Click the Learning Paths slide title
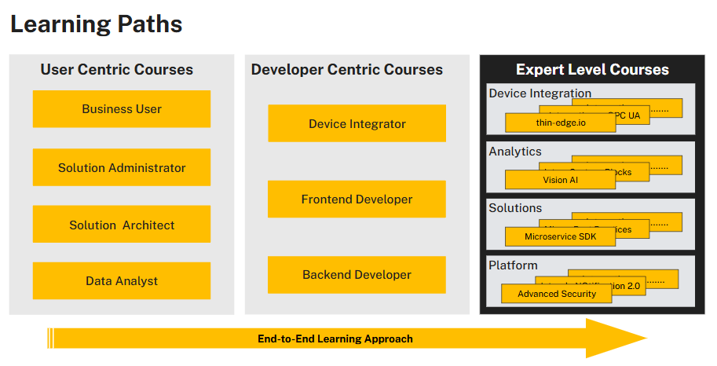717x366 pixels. pyautogui.click(x=96, y=24)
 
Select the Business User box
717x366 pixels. pyautogui.click(x=122, y=109)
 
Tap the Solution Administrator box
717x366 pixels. pyautogui.click(x=122, y=167)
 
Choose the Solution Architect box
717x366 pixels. pyautogui.click(x=122, y=225)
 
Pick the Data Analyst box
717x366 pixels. pyautogui.click(x=122, y=281)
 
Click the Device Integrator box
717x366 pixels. pyautogui.click(x=357, y=124)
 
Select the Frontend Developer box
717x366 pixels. pyautogui.click(x=357, y=199)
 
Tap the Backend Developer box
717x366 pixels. pyautogui.click(x=357, y=275)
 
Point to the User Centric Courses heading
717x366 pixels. pyautogui.click(x=116, y=70)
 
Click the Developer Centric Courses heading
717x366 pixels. pyautogui.click(x=347, y=70)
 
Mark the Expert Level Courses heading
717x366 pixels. pyautogui.click(x=592, y=70)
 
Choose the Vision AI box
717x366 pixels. pyautogui.click(x=560, y=180)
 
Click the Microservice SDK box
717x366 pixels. pyautogui.click(x=561, y=236)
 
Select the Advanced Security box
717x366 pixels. pyautogui.click(x=557, y=294)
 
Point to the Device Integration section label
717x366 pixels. pyautogui.click(x=540, y=93)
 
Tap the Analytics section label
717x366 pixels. pyautogui.click(x=515, y=151)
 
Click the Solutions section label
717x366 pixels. pyautogui.click(x=515, y=208)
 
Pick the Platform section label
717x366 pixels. pyautogui.click(x=513, y=265)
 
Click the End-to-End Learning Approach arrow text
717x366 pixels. pyautogui.click(x=335, y=339)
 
